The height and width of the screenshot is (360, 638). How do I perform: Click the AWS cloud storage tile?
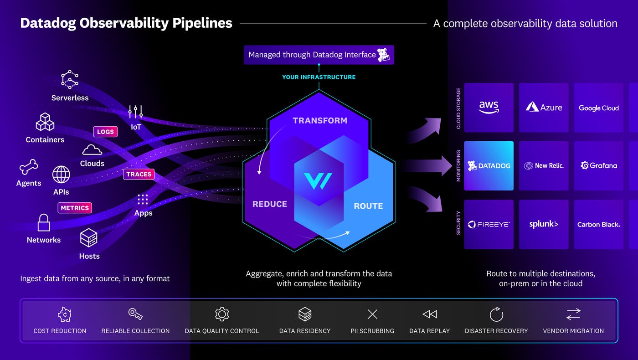[489, 108]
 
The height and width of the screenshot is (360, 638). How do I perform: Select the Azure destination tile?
[544, 108]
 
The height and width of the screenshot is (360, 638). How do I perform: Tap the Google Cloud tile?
[598, 108]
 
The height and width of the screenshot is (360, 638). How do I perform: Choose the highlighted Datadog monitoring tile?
[489, 165]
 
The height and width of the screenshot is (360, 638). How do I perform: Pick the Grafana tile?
[598, 165]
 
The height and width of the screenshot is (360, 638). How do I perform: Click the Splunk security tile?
[544, 224]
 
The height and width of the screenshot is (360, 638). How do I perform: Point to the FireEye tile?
[489, 224]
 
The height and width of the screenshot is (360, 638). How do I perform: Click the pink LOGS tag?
[105, 132]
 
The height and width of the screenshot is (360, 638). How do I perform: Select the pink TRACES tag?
[139, 174]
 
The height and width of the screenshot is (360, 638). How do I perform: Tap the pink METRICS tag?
[75, 208]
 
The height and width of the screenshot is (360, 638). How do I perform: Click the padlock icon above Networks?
[44, 223]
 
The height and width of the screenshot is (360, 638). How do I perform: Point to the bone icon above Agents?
[29, 167]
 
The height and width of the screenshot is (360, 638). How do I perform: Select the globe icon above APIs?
[61, 175]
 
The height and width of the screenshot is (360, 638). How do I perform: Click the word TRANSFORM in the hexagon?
[319, 120]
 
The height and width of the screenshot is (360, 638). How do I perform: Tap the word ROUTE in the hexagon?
[368, 206]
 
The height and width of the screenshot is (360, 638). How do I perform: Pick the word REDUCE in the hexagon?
[270, 204]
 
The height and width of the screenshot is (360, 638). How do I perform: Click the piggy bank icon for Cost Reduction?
[65, 314]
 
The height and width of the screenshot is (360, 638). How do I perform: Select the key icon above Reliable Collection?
[135, 314]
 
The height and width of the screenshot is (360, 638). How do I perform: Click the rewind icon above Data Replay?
[429, 314]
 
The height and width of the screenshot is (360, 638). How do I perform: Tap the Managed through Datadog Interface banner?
[319, 55]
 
